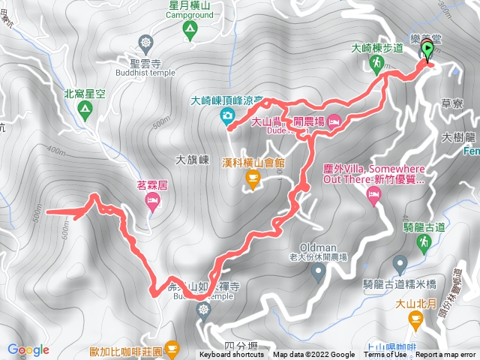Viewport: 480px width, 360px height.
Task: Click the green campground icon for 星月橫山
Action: (190, 29)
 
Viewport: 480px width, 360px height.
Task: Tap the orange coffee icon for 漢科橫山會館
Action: (253, 177)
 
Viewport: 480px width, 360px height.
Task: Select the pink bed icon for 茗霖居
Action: (152, 199)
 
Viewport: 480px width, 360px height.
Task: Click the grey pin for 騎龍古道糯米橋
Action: (400, 264)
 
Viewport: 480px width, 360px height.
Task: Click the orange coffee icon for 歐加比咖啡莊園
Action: (172, 348)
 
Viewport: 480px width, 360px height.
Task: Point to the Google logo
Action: (28, 349)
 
